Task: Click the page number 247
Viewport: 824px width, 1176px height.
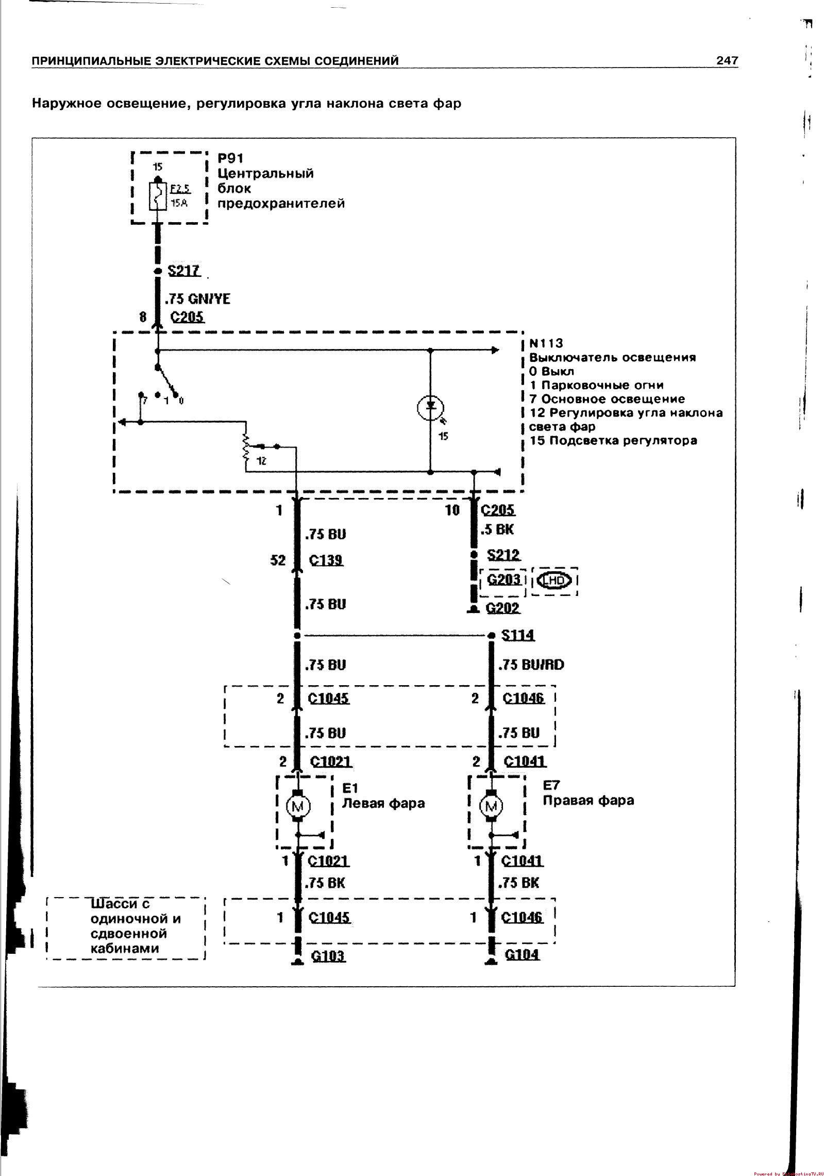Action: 727,61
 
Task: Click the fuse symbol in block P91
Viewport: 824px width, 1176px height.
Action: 158,196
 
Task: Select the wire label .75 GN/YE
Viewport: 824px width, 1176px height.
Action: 198,299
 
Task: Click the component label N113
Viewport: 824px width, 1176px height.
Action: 546,343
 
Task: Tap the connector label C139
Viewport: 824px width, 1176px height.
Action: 326,560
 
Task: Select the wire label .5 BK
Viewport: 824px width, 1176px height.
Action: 497,529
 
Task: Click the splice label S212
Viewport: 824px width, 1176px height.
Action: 503,555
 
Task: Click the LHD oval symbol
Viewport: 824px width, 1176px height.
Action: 554,581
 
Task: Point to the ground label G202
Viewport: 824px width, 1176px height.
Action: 503,608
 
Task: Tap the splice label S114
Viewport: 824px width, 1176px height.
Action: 517,635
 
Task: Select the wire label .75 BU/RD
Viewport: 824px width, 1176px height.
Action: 531,665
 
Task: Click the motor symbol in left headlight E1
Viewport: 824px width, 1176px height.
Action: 297,806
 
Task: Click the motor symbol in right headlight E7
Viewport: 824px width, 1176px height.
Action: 491,806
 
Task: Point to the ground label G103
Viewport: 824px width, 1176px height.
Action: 328,956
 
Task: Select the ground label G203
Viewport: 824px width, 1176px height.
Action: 503,579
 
